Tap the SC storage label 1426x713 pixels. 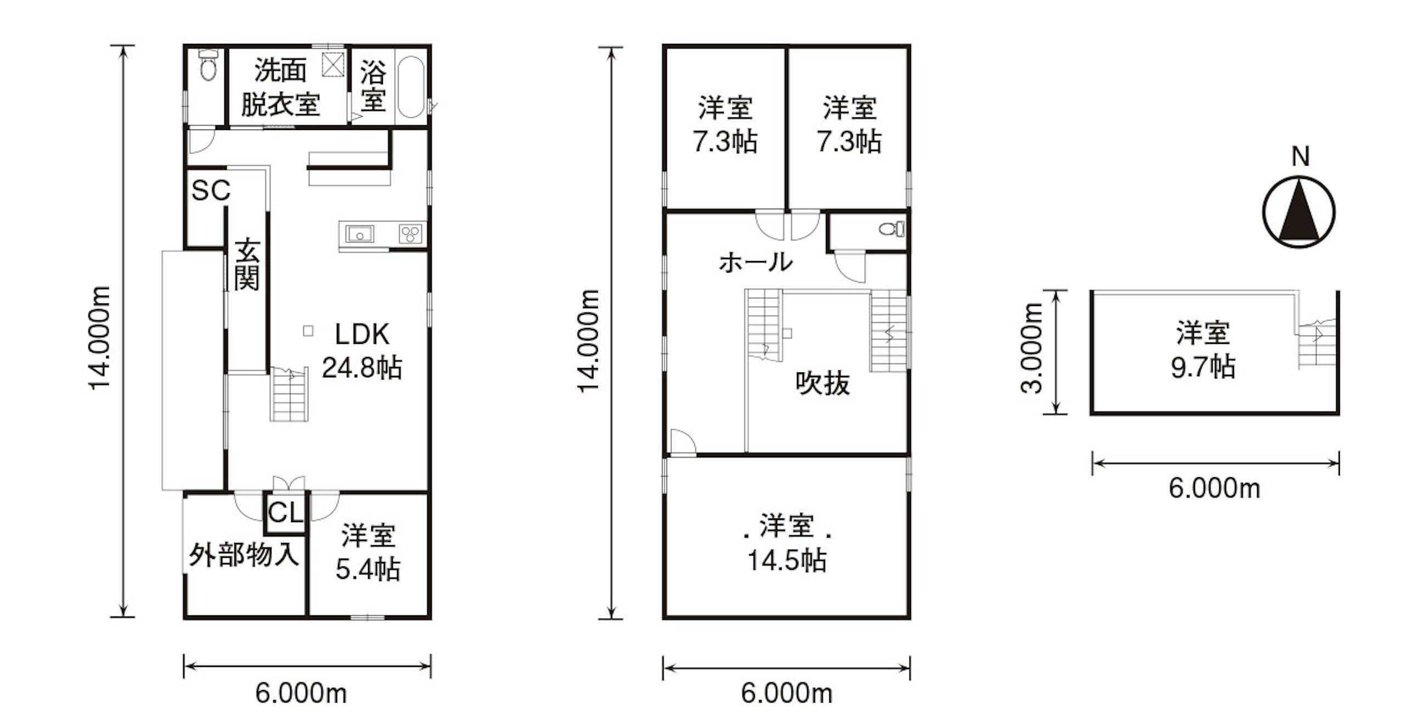pyautogui.click(x=211, y=190)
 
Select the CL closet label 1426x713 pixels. pyautogui.click(x=285, y=513)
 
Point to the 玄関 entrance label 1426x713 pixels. pyautogui.click(x=246, y=264)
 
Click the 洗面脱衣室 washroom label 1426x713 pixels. pyautogui.click(x=281, y=87)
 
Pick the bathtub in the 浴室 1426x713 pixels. pyautogui.click(x=411, y=87)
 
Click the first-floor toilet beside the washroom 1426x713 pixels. pyautogui.click(x=207, y=65)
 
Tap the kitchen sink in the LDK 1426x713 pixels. pyautogui.click(x=360, y=234)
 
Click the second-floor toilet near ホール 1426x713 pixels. pyautogui.click(x=892, y=228)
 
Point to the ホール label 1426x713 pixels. pyautogui.click(x=756, y=262)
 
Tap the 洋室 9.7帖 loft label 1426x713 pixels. pyautogui.click(x=1203, y=350)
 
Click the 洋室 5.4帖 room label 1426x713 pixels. pyautogui.click(x=368, y=552)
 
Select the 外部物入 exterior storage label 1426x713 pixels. pyautogui.click(x=244, y=554)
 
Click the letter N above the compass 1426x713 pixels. pyautogui.click(x=1300, y=157)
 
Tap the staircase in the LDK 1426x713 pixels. pyautogui.click(x=289, y=394)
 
